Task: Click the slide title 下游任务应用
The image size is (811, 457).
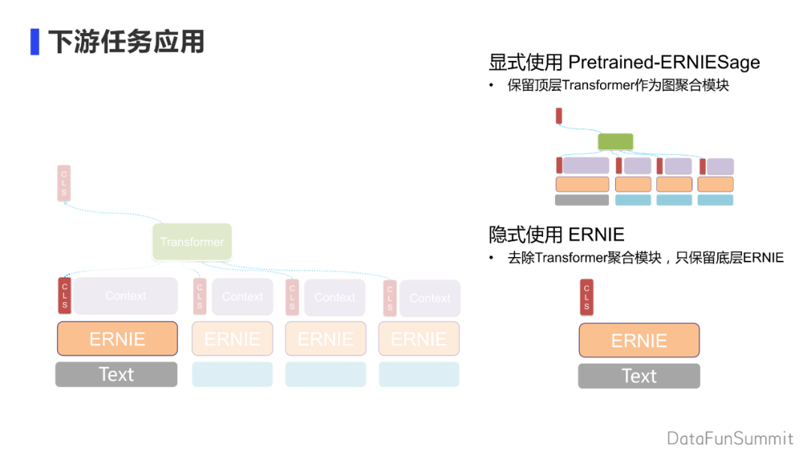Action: (126, 41)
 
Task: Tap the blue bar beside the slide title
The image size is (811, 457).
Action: (35, 41)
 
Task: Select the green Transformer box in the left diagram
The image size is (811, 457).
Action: (192, 242)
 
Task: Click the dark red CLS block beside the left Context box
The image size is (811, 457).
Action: (65, 296)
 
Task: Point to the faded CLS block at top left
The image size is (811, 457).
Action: (64, 183)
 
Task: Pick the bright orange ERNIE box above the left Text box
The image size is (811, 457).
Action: (117, 339)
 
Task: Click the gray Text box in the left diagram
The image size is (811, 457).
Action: (116, 374)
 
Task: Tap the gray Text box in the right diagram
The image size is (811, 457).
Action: (639, 376)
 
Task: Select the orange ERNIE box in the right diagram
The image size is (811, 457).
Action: (639, 340)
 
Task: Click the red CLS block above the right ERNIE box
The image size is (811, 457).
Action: (586, 297)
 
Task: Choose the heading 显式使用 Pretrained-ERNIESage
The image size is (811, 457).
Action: (624, 62)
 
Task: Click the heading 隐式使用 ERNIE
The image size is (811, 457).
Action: (556, 235)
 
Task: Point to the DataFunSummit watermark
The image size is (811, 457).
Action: (730, 438)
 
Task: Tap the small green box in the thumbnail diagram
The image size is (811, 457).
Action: (616, 141)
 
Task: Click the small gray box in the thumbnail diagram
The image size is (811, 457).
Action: (582, 200)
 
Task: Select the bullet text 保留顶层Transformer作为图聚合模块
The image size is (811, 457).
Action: (618, 85)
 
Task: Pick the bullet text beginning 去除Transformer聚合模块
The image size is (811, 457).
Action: (645, 258)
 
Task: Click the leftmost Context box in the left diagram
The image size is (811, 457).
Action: (125, 296)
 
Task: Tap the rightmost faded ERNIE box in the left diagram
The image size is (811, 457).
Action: (418, 339)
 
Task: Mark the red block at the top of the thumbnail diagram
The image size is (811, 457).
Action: (559, 116)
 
